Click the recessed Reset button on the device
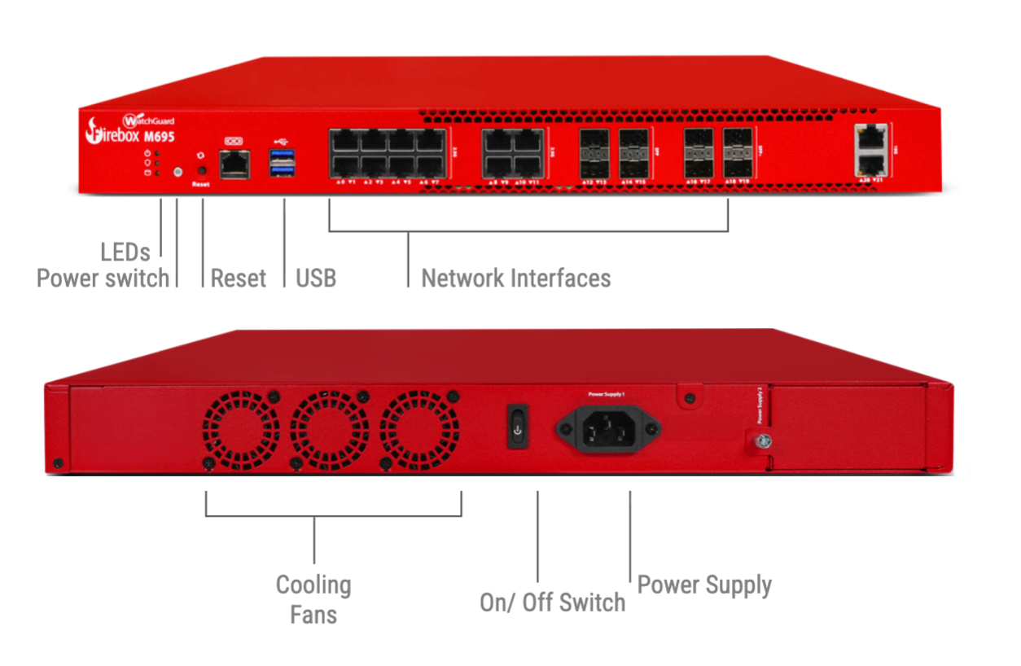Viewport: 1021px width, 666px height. (x=201, y=171)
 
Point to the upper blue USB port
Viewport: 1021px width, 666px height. (x=283, y=156)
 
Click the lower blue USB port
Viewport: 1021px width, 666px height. (x=283, y=170)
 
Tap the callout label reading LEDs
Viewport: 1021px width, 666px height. (x=125, y=251)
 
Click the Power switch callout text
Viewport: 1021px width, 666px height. (x=103, y=278)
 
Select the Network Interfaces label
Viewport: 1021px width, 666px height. (x=515, y=278)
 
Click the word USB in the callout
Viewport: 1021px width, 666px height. (x=316, y=278)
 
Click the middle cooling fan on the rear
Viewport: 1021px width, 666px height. (x=329, y=428)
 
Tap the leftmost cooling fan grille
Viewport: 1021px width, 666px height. (x=240, y=428)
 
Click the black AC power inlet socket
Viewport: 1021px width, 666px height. (x=607, y=427)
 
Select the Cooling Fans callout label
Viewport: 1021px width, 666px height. (x=313, y=598)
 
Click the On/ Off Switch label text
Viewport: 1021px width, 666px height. (x=552, y=602)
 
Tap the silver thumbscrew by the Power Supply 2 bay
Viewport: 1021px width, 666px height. (x=763, y=440)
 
